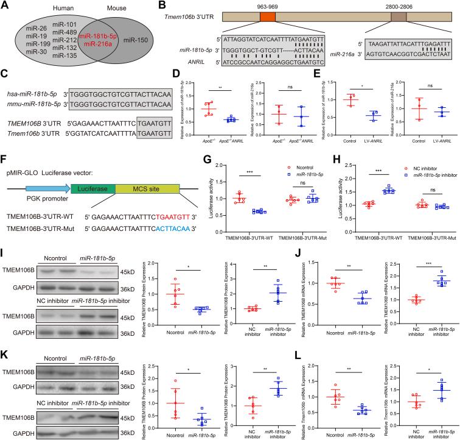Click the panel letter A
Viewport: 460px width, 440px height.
tap(5, 5)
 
